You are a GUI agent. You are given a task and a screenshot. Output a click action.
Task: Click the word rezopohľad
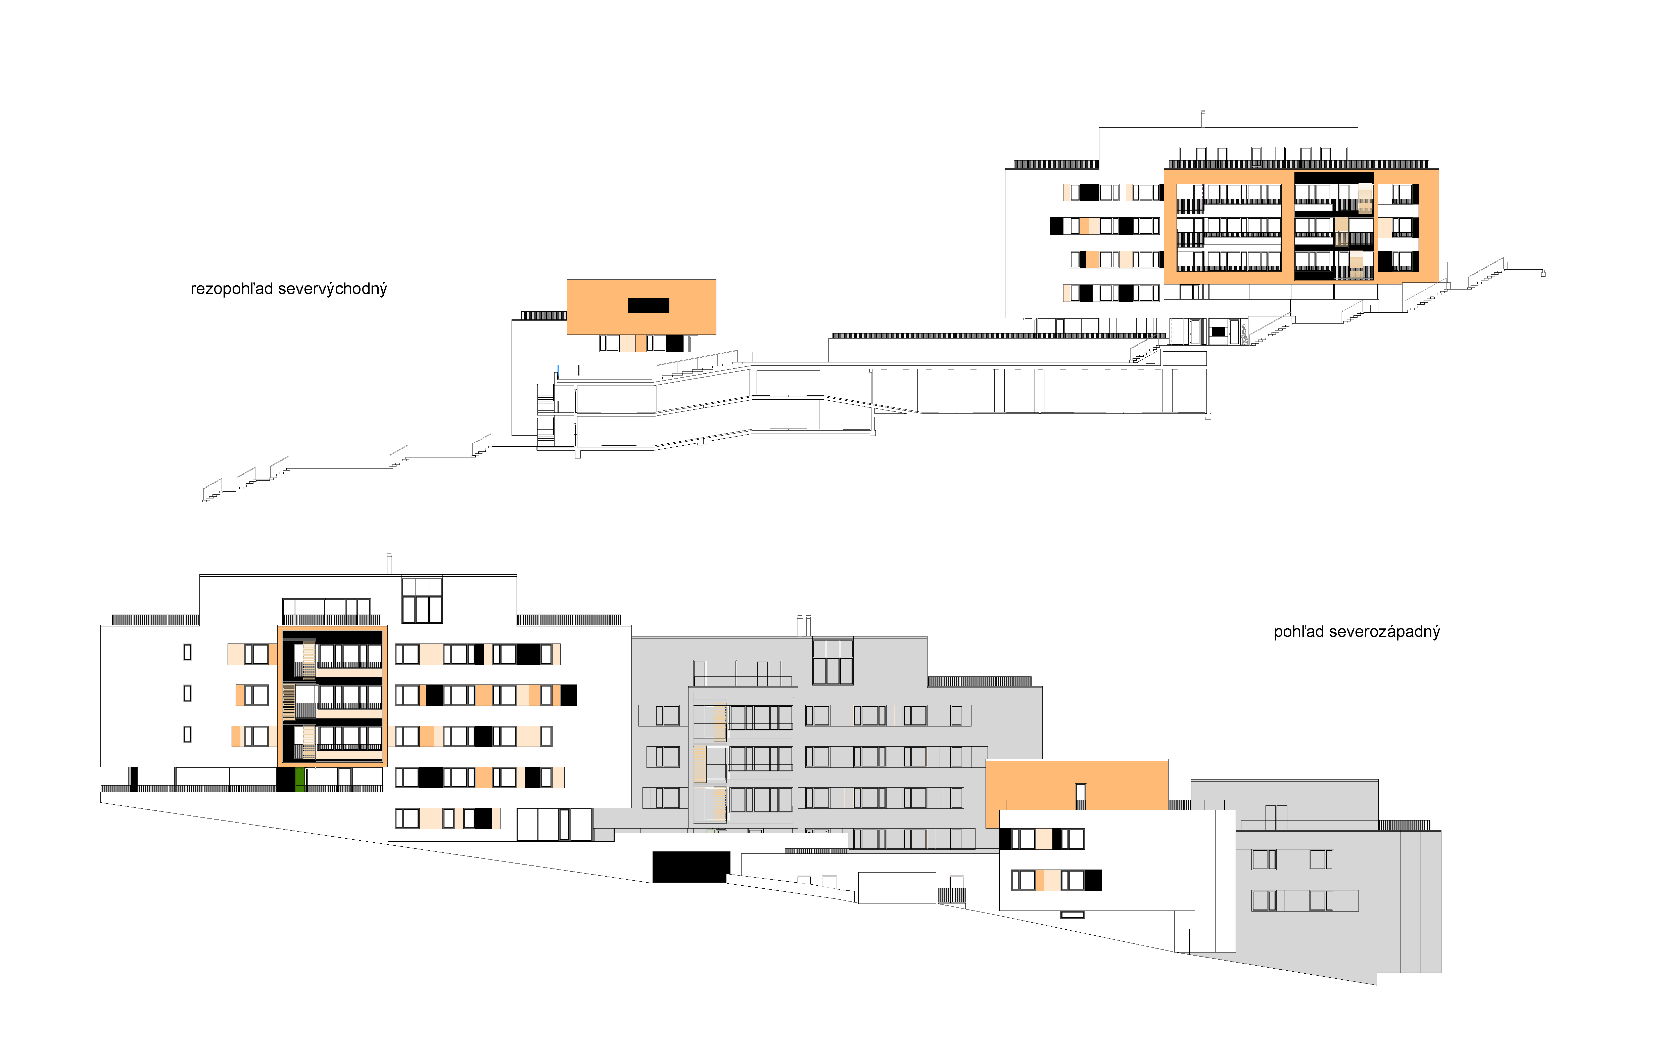pyautogui.click(x=232, y=289)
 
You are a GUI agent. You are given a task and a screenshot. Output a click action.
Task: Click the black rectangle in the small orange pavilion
pyautogui.click(x=648, y=305)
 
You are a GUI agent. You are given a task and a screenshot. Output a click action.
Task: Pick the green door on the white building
pyautogui.click(x=299, y=779)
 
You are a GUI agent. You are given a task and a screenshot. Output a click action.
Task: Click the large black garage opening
pyautogui.click(x=691, y=867)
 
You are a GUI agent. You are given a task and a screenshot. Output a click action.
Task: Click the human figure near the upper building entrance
pyautogui.click(x=1243, y=335)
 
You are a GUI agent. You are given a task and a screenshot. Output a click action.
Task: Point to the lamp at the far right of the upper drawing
pyautogui.click(x=1543, y=273)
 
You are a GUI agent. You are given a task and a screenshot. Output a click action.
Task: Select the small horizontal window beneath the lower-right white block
pyautogui.click(x=1073, y=915)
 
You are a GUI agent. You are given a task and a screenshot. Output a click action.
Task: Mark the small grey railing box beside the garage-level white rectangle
pyautogui.click(x=951, y=895)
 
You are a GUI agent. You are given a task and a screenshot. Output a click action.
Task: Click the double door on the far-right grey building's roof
pyautogui.click(x=1276, y=817)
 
